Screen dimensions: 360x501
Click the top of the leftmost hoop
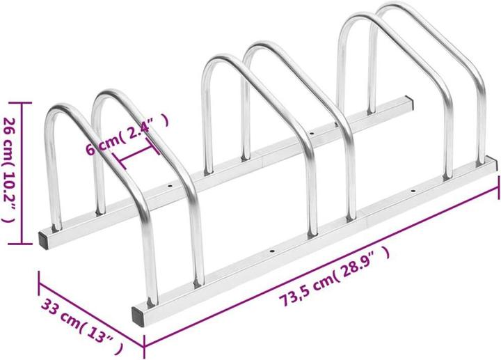coord(66,106)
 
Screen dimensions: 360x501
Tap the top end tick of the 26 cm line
coord(24,102)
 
